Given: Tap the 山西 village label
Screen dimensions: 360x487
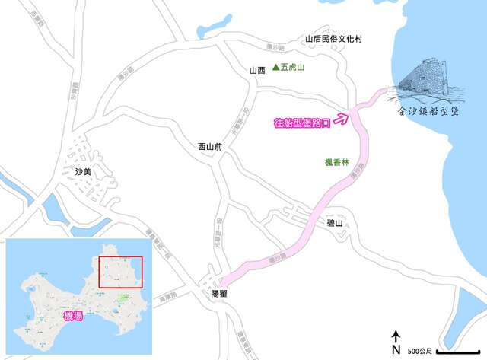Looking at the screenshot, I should click(257, 71).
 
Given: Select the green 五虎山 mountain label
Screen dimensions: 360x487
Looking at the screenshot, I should click(295, 68).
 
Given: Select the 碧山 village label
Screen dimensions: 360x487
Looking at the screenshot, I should click(335, 222).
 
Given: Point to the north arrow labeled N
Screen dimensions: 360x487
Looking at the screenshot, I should click(396, 342).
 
